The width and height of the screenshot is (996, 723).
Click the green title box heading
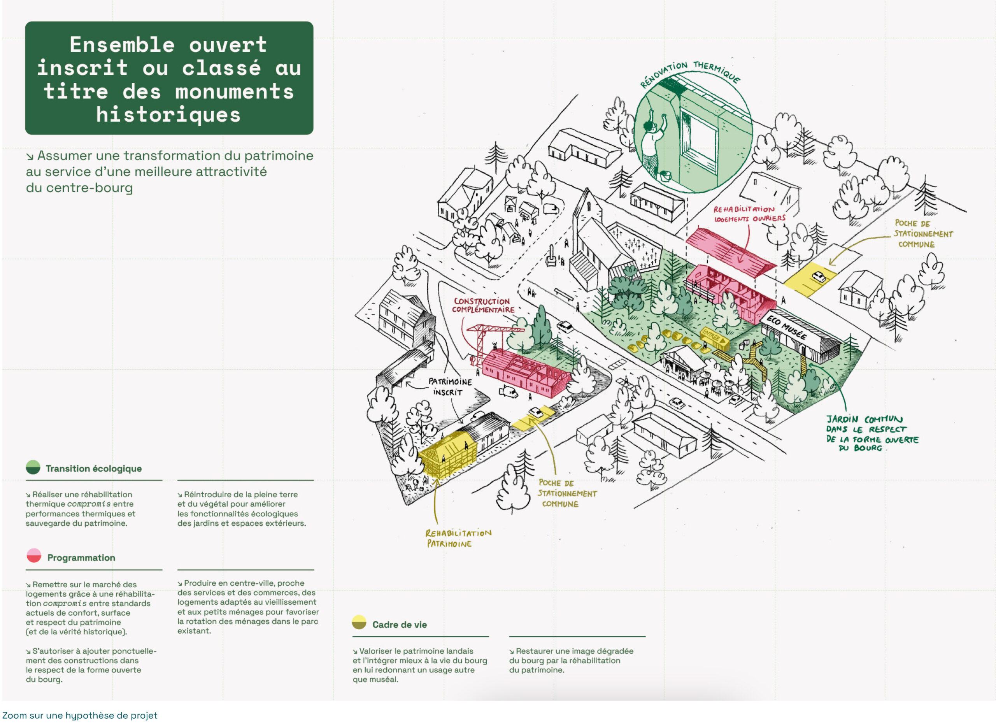[x=169, y=79]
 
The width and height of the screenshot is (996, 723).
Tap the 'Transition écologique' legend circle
[x=33, y=467]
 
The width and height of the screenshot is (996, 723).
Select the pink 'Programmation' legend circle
[x=34, y=556]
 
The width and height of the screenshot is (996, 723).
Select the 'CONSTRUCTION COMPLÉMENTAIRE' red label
[x=483, y=305]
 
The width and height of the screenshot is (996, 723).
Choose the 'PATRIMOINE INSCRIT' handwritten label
[x=450, y=387]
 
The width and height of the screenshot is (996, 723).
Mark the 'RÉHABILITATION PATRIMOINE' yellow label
[x=458, y=538]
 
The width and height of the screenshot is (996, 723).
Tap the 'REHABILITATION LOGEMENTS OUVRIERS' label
[x=749, y=214]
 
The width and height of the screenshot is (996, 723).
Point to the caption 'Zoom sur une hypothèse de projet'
[x=79, y=715]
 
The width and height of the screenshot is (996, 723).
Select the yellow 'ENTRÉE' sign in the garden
[x=712, y=337]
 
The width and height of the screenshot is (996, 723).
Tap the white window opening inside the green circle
[x=702, y=140]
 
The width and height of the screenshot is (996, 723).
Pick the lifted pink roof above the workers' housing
[x=729, y=248]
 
